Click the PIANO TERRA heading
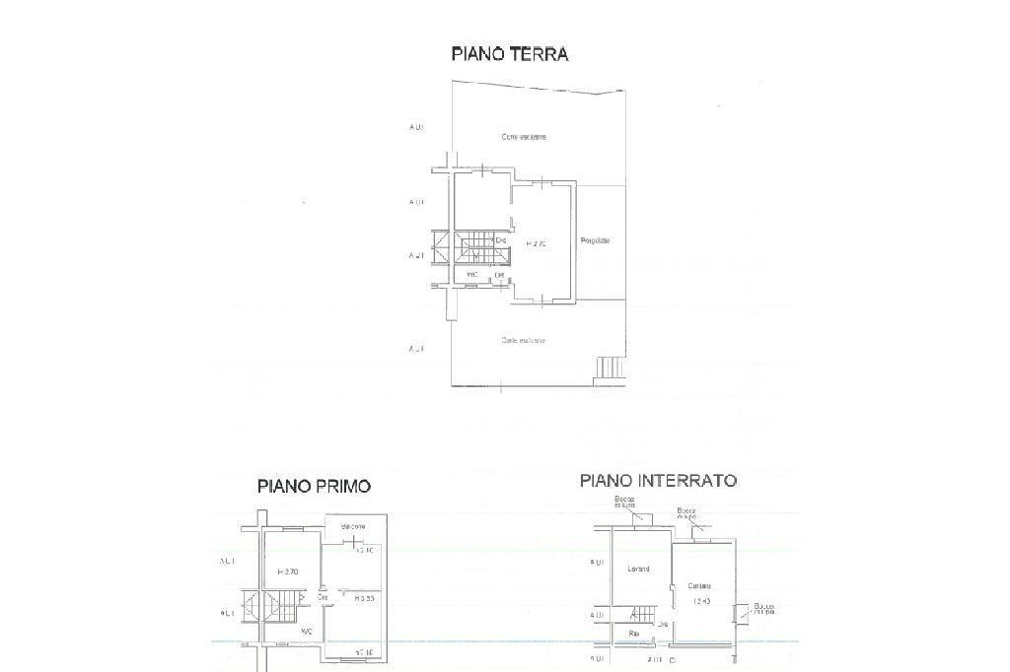510,53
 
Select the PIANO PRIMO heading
314,485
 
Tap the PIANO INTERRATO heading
658,481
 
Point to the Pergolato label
596,240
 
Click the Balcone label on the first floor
353,526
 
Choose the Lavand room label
637,569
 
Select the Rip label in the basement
632,634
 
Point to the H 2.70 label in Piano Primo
288,571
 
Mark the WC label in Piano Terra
471,274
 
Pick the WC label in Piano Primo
307,632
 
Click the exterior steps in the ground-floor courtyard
610,369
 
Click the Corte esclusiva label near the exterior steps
523,340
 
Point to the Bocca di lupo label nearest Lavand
624,503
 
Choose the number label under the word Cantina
702,600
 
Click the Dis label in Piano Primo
323,596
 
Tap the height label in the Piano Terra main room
536,242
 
